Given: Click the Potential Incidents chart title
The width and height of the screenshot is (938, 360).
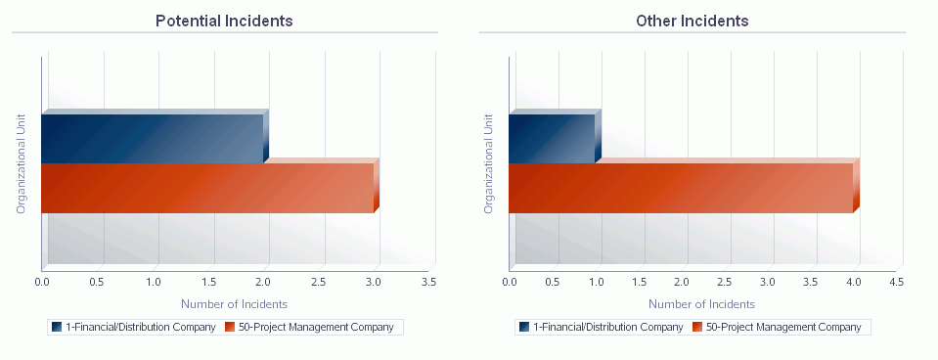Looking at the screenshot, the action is point(224,21).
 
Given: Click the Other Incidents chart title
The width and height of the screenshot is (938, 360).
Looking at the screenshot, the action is point(692,21).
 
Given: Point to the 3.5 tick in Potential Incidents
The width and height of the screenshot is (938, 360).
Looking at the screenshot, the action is point(428,283).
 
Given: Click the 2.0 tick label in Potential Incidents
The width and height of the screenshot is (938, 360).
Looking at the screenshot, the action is point(262,283).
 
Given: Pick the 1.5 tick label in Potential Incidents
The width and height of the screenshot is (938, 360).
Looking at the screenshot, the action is point(207,283).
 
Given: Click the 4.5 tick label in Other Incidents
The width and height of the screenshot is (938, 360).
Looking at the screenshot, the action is point(896,283).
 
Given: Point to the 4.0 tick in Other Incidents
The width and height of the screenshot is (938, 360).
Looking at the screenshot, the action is point(853,283).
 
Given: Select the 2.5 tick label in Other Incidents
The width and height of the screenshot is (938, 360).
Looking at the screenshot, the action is point(724,283).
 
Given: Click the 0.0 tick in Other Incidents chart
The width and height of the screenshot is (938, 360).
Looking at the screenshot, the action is point(509,283).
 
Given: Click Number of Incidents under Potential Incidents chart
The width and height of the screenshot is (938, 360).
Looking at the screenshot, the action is point(235,304).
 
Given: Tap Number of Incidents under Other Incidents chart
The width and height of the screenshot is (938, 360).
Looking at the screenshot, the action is point(701,304).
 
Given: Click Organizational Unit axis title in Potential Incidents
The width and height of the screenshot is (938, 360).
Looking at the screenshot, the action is point(21,163).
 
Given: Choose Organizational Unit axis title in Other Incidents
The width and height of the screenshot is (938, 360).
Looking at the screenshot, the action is point(488,163).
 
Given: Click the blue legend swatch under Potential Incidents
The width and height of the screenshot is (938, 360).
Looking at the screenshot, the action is point(57,327).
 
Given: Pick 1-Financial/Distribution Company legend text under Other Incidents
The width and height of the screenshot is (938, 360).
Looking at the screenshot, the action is point(607,327).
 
